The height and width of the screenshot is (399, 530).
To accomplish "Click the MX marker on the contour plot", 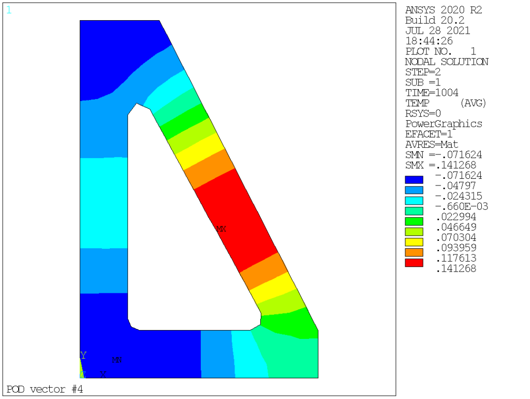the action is (x=221, y=229).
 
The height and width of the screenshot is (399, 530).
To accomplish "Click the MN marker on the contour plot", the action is (x=116, y=360).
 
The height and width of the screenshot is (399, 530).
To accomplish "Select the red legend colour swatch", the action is (x=414, y=263).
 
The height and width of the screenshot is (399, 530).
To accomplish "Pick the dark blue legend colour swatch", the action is (x=414, y=180).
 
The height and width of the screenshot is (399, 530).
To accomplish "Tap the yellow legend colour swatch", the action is (x=414, y=242).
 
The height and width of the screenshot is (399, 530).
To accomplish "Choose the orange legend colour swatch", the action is (x=414, y=252).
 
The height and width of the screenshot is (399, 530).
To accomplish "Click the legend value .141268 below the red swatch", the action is (x=457, y=269).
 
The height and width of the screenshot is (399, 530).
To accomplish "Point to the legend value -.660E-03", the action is (x=462, y=206).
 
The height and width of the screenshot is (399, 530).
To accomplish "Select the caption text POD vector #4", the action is (x=45, y=390).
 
